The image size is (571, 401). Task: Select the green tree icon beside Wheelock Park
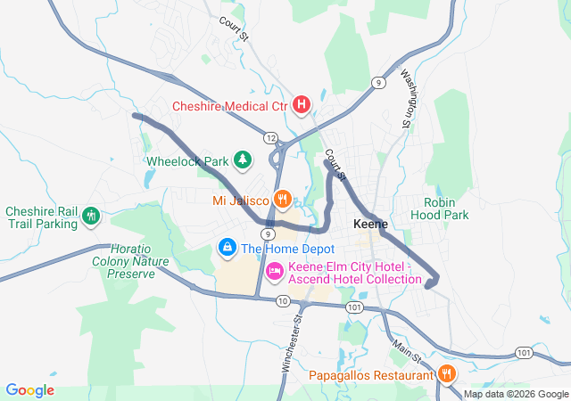point(242,160)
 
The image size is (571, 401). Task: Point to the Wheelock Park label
point(187,162)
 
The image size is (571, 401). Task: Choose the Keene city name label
point(370,224)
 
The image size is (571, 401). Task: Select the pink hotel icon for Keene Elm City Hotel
point(276,269)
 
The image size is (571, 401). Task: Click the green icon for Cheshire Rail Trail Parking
point(90,216)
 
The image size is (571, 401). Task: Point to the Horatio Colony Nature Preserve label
point(130,261)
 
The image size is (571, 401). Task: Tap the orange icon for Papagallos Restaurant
point(447,374)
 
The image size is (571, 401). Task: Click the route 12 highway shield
point(269,137)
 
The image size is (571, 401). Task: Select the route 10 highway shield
point(282,301)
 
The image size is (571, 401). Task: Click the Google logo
point(29,390)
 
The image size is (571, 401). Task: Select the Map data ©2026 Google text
point(515,394)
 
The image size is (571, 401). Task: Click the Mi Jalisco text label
point(242,200)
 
